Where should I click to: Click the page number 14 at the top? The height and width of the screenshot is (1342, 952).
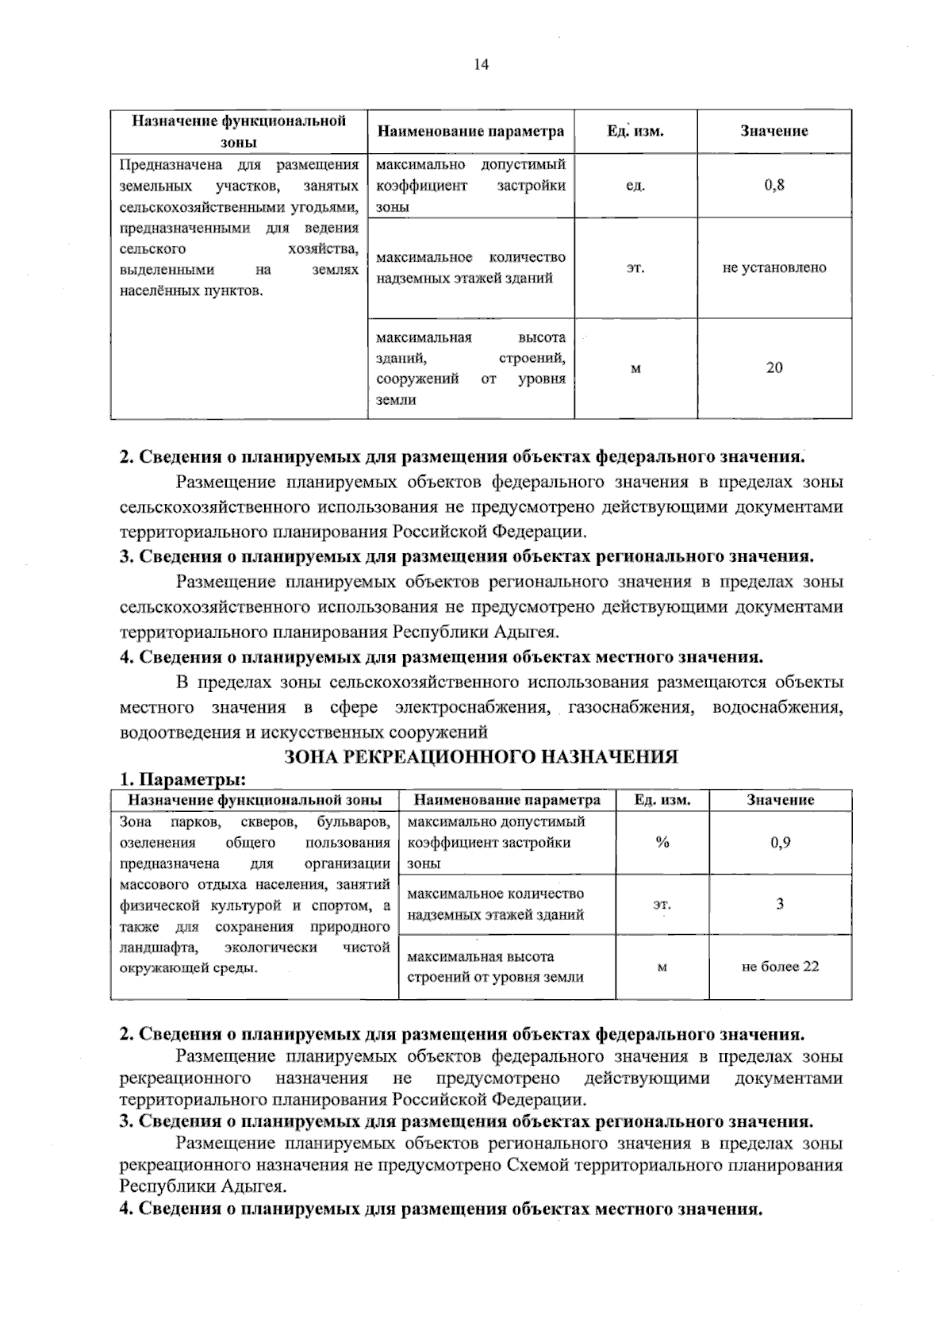(482, 65)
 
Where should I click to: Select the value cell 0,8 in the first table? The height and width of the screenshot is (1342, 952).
(774, 186)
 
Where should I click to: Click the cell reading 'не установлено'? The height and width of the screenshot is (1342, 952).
(774, 268)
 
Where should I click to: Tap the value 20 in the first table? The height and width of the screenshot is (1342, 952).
(774, 367)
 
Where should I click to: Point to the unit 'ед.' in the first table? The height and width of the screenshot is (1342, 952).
(635, 186)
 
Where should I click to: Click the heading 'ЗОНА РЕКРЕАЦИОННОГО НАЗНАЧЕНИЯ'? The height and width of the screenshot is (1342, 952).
(481, 756)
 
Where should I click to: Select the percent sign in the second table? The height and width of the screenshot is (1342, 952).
(662, 843)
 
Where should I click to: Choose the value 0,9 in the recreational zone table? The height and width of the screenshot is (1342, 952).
(781, 843)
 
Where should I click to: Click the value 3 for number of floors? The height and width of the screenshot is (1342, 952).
(781, 904)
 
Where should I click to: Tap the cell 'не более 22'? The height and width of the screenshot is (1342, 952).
(781, 967)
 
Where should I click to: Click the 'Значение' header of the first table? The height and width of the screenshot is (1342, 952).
(774, 132)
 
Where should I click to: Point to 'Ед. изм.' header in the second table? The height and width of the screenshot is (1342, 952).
(662, 800)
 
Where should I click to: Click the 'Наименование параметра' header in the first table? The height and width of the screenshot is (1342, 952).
(470, 132)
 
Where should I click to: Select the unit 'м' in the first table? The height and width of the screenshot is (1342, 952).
(635, 368)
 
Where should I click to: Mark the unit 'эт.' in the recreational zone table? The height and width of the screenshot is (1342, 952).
(662, 904)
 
